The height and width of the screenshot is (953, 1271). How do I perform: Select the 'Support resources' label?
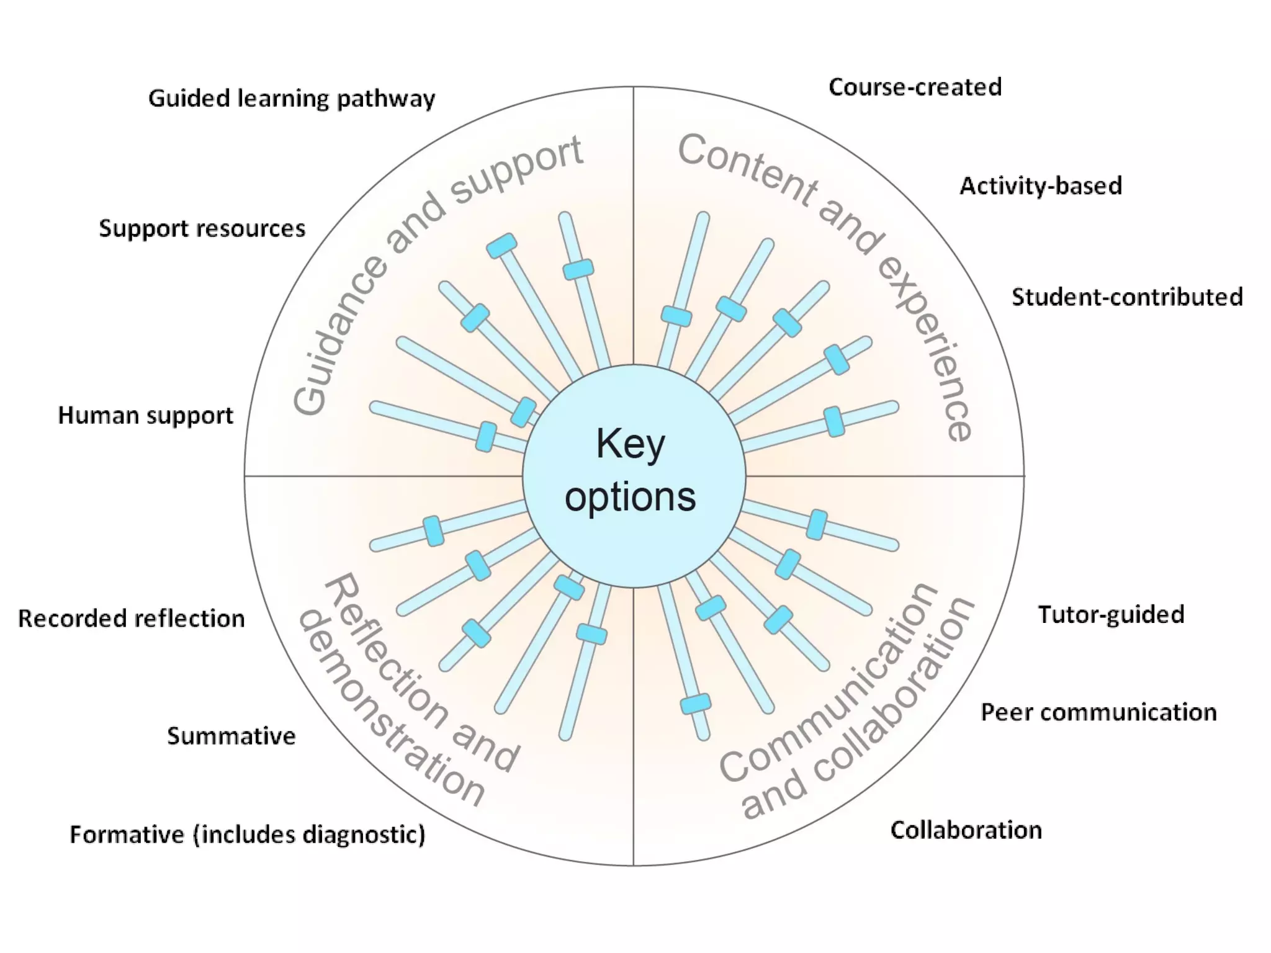(202, 229)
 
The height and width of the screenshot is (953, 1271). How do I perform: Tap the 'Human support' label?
(146, 416)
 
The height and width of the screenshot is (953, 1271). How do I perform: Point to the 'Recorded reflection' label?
(132, 619)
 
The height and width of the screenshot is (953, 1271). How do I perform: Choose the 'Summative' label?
(231, 736)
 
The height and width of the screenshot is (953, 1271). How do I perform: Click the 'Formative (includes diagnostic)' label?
(248, 834)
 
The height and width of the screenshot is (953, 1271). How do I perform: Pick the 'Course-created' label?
(915, 87)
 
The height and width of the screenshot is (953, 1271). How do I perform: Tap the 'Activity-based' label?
(1041, 186)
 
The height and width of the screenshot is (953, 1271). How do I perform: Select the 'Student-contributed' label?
(1127, 297)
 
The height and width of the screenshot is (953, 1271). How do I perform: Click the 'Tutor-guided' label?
(1111, 615)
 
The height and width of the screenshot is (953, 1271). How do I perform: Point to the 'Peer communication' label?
(1098, 712)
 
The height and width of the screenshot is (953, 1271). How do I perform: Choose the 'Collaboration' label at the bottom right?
(966, 830)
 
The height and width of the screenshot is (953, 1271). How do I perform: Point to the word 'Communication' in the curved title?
(825, 689)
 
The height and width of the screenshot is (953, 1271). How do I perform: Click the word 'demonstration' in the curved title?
(385, 714)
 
